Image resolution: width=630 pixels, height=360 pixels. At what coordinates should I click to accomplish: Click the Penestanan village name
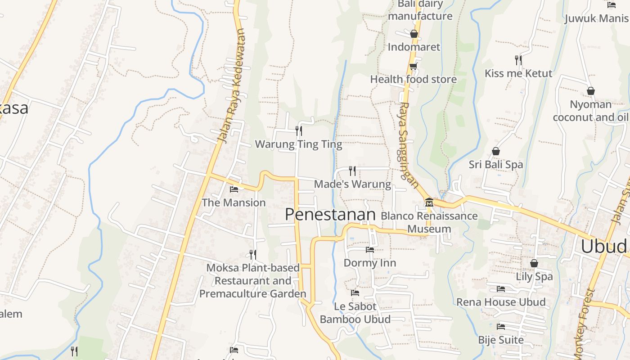(x=330, y=215)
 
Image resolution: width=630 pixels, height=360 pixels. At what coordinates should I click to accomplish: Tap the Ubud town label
(x=603, y=246)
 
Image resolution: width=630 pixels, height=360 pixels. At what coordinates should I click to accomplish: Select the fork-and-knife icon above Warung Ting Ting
(x=298, y=130)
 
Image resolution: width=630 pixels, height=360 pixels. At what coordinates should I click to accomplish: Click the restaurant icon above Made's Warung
(x=352, y=171)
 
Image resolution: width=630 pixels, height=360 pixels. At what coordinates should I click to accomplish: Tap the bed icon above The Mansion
(x=234, y=189)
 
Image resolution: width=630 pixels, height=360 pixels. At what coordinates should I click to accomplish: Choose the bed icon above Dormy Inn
(x=370, y=249)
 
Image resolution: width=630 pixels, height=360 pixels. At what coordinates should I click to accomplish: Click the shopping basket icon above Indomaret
(x=414, y=33)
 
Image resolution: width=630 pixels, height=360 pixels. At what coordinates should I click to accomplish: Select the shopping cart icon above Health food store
(x=413, y=66)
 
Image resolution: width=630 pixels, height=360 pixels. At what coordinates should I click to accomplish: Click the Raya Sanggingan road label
(x=409, y=144)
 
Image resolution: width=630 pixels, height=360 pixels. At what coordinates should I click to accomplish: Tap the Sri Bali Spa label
(x=496, y=165)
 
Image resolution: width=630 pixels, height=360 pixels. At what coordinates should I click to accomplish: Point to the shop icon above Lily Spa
(x=534, y=263)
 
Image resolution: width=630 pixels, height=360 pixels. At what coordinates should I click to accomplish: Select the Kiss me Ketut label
(x=518, y=73)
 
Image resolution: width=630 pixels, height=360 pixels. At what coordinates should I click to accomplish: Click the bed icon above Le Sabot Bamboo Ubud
(x=355, y=292)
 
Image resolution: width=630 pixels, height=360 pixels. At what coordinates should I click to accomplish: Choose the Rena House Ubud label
(x=501, y=302)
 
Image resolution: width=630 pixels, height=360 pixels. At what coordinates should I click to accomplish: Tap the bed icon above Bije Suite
(x=501, y=326)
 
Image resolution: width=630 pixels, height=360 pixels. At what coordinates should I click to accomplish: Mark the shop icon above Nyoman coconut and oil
(x=590, y=91)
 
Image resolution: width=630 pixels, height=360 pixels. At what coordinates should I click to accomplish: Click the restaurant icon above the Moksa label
(x=253, y=254)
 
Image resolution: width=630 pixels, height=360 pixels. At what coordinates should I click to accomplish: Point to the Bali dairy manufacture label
(x=420, y=10)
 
